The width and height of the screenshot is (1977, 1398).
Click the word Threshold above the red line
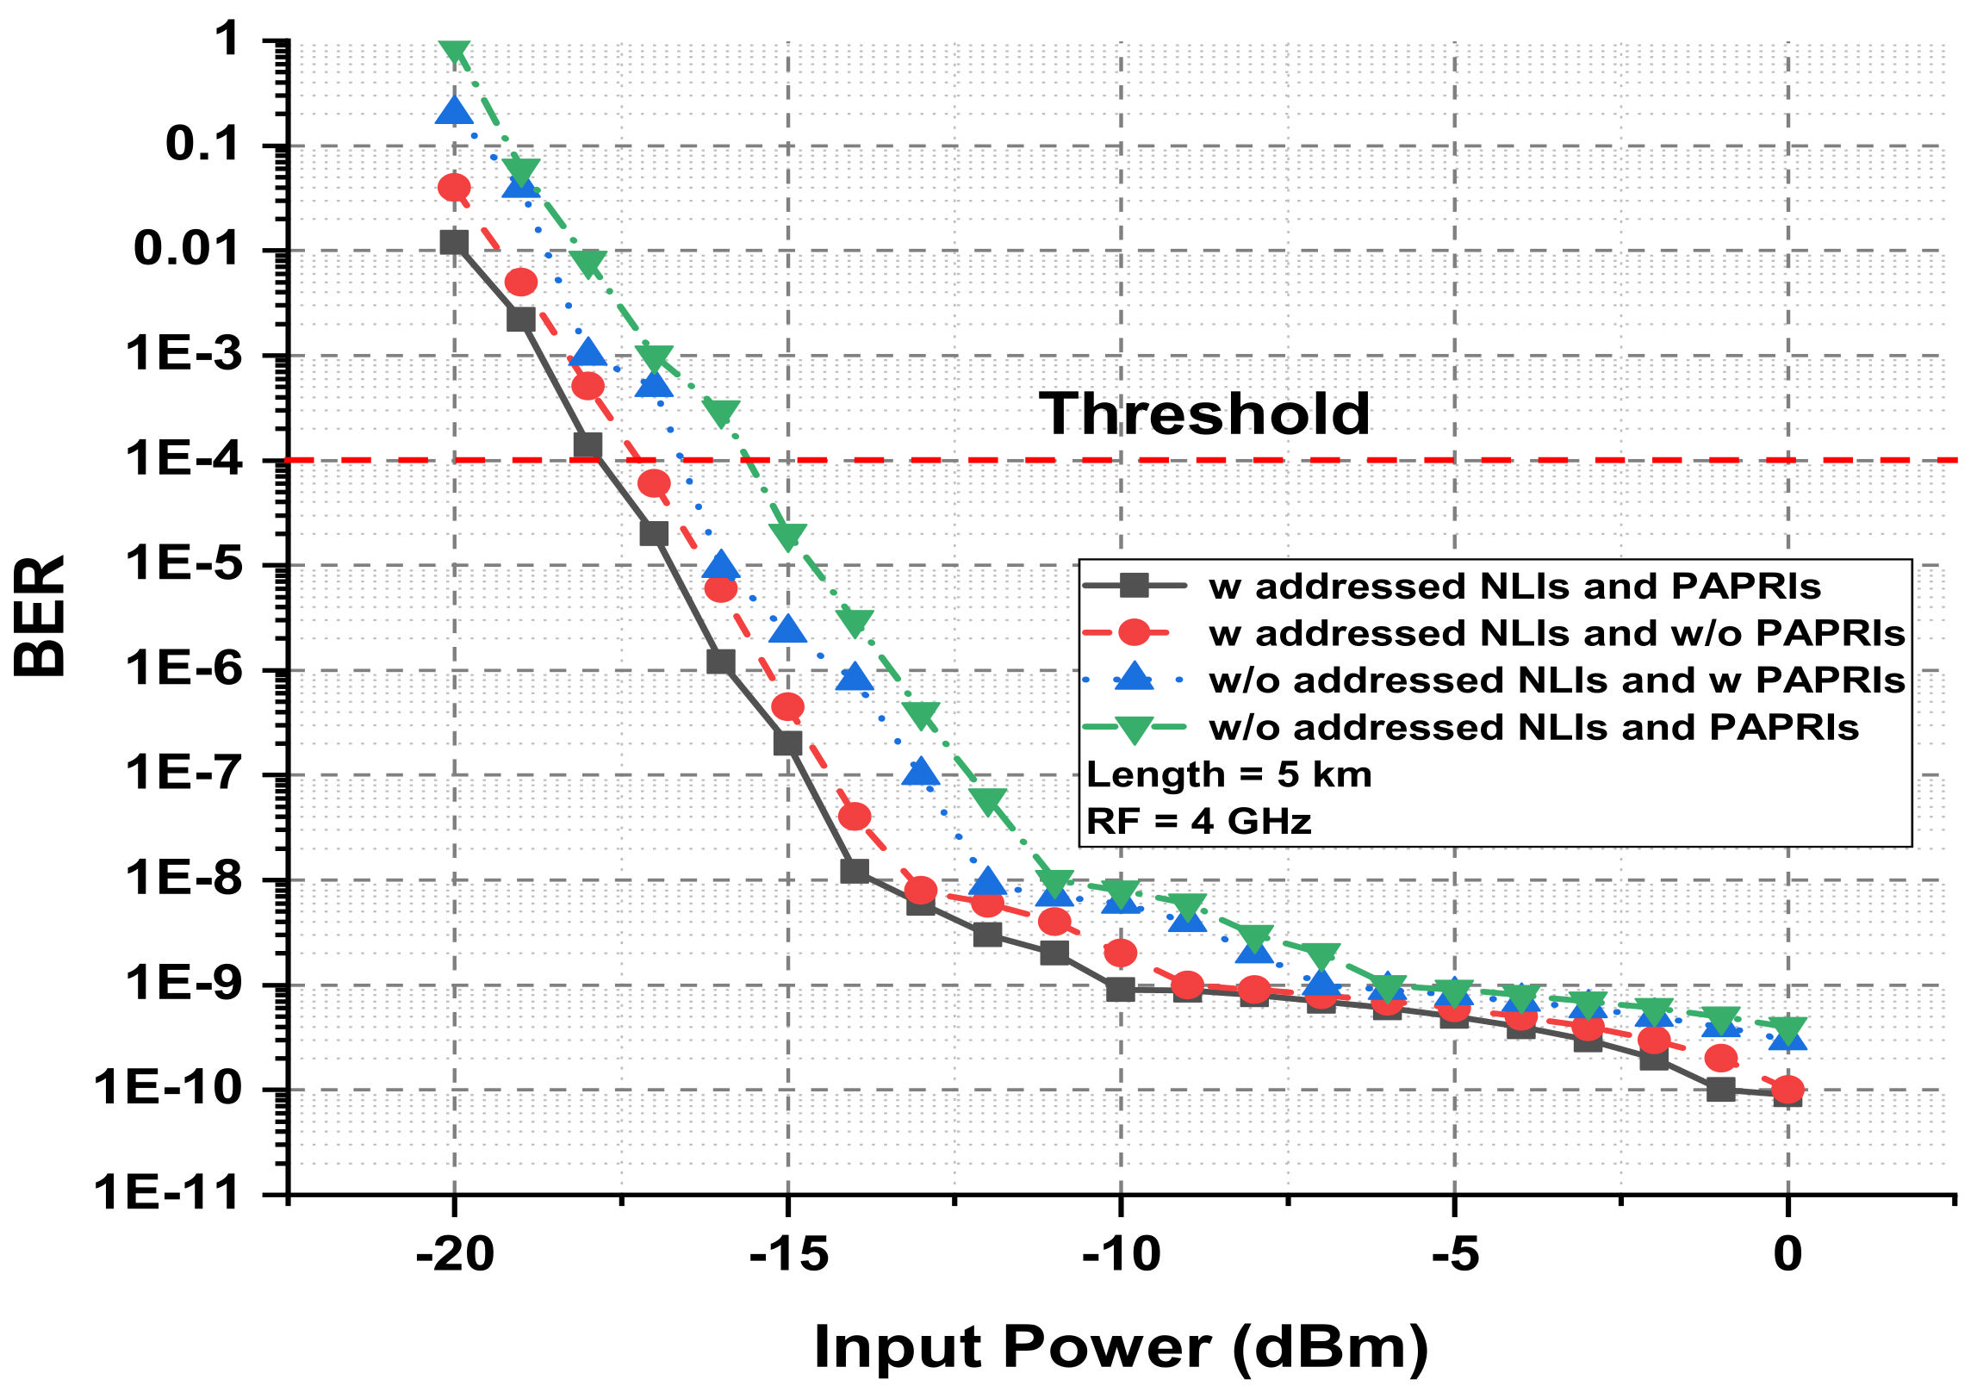click(1203, 413)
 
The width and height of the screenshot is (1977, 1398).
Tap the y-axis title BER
click(40, 616)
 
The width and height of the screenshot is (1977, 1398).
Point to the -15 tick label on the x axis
click(788, 1254)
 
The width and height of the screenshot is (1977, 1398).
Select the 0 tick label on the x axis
click(1787, 1254)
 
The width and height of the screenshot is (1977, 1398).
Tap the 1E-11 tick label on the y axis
click(165, 1193)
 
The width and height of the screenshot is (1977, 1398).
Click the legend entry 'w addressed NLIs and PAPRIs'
click(1514, 587)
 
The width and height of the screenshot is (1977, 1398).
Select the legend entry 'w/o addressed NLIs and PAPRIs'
click(1533, 728)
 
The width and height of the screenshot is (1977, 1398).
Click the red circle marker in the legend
click(1134, 633)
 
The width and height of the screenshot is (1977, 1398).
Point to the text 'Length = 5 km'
click(1228, 774)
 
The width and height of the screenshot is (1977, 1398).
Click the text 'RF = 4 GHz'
click(1198, 821)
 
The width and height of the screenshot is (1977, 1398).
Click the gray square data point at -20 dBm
click(454, 242)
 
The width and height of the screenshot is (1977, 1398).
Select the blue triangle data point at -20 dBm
click(454, 111)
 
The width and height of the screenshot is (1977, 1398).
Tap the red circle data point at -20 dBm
click(454, 187)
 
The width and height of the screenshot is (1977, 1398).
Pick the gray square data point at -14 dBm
click(854, 871)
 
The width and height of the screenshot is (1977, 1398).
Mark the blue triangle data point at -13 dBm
click(921, 772)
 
